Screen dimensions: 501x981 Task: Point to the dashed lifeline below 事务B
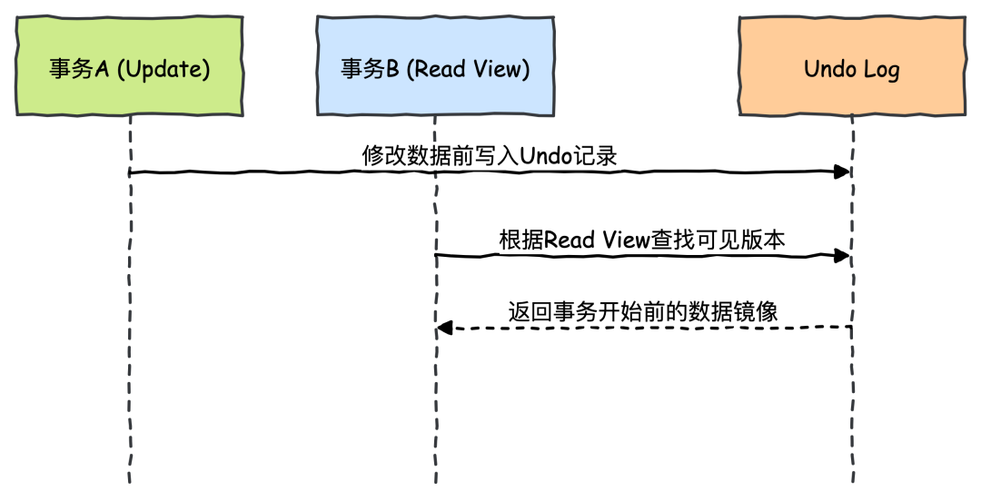(x=435, y=381)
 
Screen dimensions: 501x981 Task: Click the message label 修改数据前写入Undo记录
(x=490, y=156)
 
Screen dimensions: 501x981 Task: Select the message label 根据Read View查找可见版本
(x=642, y=241)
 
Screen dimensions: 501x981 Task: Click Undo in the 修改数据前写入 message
(x=544, y=156)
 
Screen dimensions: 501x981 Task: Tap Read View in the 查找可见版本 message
(x=598, y=241)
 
